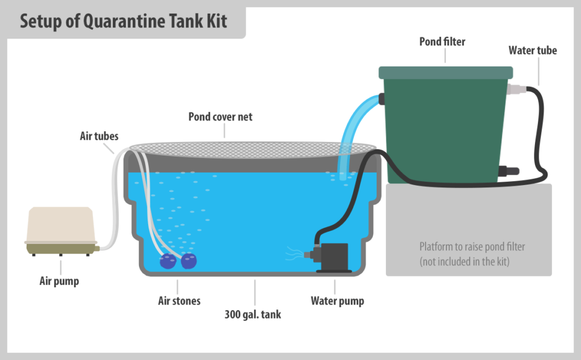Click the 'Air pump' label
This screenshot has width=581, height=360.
59,281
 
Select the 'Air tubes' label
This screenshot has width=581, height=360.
99,136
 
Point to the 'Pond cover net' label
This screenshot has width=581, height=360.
220,117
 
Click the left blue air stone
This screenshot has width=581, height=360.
168,261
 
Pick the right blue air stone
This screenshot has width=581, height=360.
188,261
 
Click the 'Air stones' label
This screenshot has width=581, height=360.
179,301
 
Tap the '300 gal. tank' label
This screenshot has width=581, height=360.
252,315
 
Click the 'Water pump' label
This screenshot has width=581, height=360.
337,301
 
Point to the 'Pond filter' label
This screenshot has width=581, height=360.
442,41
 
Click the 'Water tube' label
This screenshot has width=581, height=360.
532,51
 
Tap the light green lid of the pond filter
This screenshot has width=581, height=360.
446,73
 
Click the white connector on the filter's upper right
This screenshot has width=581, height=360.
516,89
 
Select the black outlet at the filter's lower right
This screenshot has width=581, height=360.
508,171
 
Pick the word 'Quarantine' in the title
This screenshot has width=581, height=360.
123,21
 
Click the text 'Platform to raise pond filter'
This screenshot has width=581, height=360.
472,246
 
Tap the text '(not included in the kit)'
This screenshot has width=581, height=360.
464,262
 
